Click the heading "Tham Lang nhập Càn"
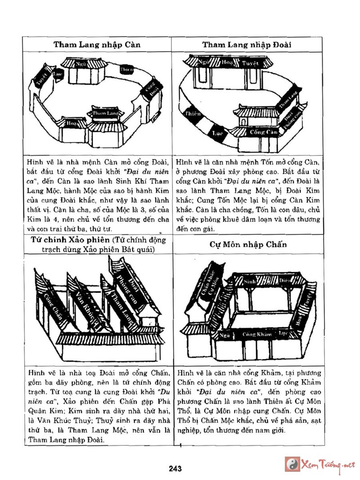97,45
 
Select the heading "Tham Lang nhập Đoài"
247,45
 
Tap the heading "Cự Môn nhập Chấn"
248,245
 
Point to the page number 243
175,469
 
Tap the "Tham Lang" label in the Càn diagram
106,113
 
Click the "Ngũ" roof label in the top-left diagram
81,64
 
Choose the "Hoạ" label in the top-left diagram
71,122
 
